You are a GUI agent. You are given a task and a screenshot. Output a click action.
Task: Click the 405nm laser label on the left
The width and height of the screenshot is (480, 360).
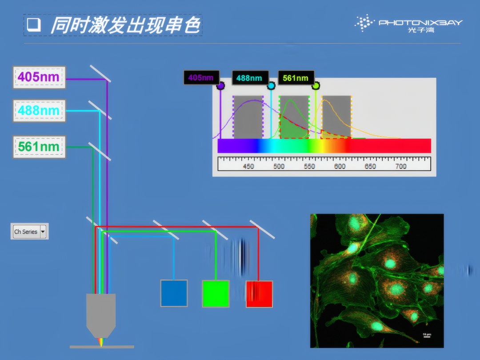tap(39, 77)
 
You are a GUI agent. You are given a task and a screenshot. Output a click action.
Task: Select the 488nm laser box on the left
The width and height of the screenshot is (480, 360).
tap(39, 111)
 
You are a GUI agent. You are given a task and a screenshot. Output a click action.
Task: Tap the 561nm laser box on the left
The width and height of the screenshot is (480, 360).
tap(39, 147)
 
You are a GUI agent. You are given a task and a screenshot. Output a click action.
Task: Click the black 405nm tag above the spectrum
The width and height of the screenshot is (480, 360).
tap(201, 78)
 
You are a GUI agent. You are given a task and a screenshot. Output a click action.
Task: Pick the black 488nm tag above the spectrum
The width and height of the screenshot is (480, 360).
tap(250, 78)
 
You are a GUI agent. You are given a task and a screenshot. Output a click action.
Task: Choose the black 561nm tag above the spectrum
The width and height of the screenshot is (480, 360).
tap(296, 78)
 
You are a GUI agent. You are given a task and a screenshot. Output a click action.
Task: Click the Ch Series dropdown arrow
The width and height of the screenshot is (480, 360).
tap(43, 232)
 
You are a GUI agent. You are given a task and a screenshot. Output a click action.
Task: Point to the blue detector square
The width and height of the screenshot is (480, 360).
tap(174, 293)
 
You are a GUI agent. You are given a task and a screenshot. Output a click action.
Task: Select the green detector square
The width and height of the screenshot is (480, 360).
tap(216, 294)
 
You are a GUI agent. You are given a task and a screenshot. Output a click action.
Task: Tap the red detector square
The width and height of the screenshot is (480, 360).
tap(259, 294)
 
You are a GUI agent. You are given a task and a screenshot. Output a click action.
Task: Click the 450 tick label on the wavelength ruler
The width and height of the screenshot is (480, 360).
tap(248, 166)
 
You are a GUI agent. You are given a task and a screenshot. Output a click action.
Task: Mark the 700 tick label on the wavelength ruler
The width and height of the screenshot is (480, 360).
tap(401, 166)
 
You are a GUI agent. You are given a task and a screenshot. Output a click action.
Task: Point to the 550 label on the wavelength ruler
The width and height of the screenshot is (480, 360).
tap(309, 166)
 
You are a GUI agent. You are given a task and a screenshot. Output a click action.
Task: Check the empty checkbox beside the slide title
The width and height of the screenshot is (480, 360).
tap(34, 25)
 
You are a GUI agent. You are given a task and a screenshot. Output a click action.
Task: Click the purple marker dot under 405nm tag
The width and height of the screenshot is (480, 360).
tap(220, 86)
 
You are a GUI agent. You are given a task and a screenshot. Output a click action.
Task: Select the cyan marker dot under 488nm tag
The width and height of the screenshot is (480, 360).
tap(271, 86)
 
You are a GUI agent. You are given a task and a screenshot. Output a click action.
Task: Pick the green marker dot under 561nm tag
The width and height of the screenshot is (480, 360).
tap(316, 86)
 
